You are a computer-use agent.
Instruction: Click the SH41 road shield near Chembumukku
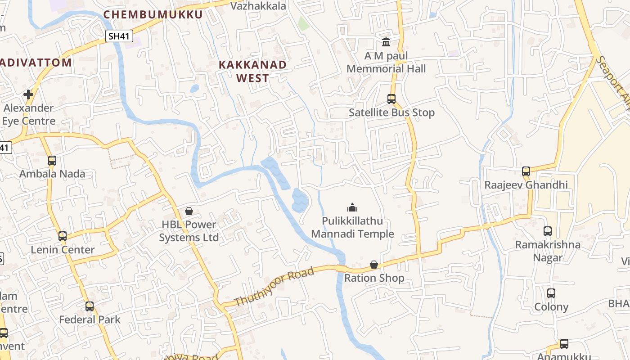pyautogui.click(x=120, y=36)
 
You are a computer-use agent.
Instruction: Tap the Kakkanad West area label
pyautogui.click(x=252, y=71)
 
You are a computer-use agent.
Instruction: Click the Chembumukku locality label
pyautogui.click(x=153, y=14)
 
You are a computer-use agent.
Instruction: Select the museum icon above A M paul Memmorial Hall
pyautogui.click(x=386, y=42)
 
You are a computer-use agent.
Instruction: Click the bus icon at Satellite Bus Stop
pyautogui.click(x=391, y=99)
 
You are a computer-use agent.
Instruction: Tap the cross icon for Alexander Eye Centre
pyautogui.click(x=28, y=94)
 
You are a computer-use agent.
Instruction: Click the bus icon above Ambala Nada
pyautogui.click(x=52, y=160)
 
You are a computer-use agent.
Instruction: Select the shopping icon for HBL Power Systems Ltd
pyautogui.click(x=189, y=211)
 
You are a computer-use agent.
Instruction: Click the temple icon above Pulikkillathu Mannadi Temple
pyautogui.click(x=352, y=207)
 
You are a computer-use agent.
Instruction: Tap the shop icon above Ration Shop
pyautogui.click(x=374, y=265)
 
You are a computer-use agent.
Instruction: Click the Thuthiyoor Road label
pyautogui.click(x=274, y=287)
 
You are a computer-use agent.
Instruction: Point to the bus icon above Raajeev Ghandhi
pyautogui.click(x=526, y=171)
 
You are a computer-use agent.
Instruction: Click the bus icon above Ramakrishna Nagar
pyautogui.click(x=548, y=231)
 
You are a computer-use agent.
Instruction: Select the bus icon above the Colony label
pyautogui.click(x=551, y=293)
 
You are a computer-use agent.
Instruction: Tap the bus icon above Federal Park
pyautogui.click(x=90, y=306)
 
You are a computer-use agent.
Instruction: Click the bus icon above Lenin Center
pyautogui.click(x=63, y=236)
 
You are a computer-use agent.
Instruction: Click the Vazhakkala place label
pyautogui.click(x=258, y=6)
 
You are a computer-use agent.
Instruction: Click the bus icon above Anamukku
pyautogui.click(x=564, y=344)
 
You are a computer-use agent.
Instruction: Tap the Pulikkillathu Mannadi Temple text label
pyautogui.click(x=352, y=227)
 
